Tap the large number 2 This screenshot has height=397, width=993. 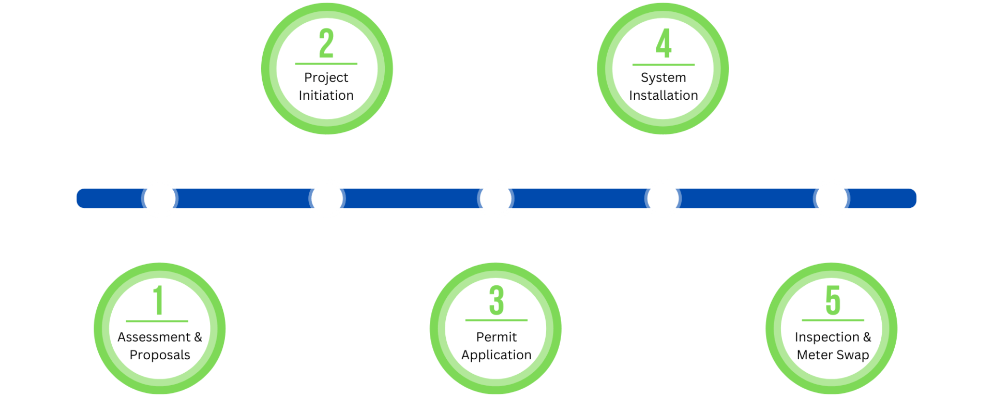click(326, 43)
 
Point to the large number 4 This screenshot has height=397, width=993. click(664, 43)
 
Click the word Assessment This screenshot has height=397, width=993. click(154, 337)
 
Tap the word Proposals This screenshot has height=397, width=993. click(160, 355)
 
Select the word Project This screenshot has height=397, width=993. click(326, 78)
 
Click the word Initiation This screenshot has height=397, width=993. click(326, 95)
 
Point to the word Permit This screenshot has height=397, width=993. click(496, 337)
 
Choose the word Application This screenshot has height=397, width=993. click(496, 355)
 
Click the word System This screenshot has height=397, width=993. click(664, 78)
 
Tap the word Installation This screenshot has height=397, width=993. click(664, 95)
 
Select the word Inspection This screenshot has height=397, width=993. click(827, 338)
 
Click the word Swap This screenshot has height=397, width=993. click(853, 356)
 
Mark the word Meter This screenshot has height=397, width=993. click(815, 355)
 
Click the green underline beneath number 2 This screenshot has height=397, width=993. click(326, 64)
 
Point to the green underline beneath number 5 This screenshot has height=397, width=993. click(833, 320)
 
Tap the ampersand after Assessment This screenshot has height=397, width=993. click(198, 337)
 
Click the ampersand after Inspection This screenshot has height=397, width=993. click(867, 337)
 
